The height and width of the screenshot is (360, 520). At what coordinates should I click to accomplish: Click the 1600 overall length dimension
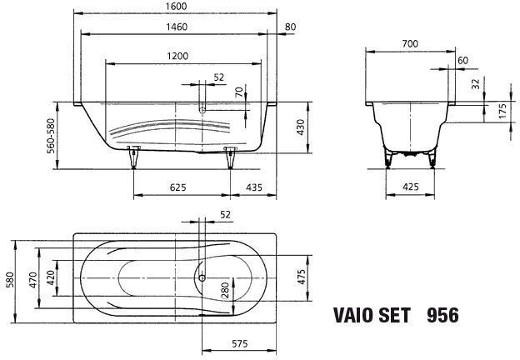click(x=177, y=7)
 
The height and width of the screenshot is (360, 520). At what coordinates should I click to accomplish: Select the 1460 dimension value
click(x=177, y=27)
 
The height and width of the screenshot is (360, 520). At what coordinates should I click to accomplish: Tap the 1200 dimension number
click(x=177, y=56)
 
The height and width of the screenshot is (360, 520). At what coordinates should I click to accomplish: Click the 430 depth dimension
click(x=300, y=127)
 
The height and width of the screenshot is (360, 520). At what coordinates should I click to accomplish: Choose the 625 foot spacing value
click(x=178, y=187)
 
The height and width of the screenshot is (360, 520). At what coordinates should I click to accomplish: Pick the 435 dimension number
click(x=254, y=187)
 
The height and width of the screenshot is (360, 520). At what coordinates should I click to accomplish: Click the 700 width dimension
click(x=410, y=44)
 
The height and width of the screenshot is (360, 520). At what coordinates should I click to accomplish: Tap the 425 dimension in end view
click(x=411, y=187)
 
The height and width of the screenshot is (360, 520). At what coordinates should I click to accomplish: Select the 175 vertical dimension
click(x=502, y=111)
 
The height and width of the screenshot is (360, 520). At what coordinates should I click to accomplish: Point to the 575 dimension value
click(x=239, y=344)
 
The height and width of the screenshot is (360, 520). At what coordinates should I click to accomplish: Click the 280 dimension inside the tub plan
click(x=225, y=290)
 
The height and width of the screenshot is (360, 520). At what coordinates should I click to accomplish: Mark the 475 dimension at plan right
click(x=301, y=277)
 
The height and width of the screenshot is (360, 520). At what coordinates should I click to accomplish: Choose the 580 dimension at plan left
click(x=10, y=280)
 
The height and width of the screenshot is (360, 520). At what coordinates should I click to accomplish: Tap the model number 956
click(x=442, y=315)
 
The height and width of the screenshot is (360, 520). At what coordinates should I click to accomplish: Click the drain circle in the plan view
click(x=202, y=277)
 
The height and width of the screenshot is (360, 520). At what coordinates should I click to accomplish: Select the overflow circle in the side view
click(x=202, y=110)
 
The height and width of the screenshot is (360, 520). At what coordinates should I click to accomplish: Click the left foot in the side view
click(x=133, y=157)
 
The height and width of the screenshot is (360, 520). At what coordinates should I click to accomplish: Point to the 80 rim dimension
click(x=290, y=27)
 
